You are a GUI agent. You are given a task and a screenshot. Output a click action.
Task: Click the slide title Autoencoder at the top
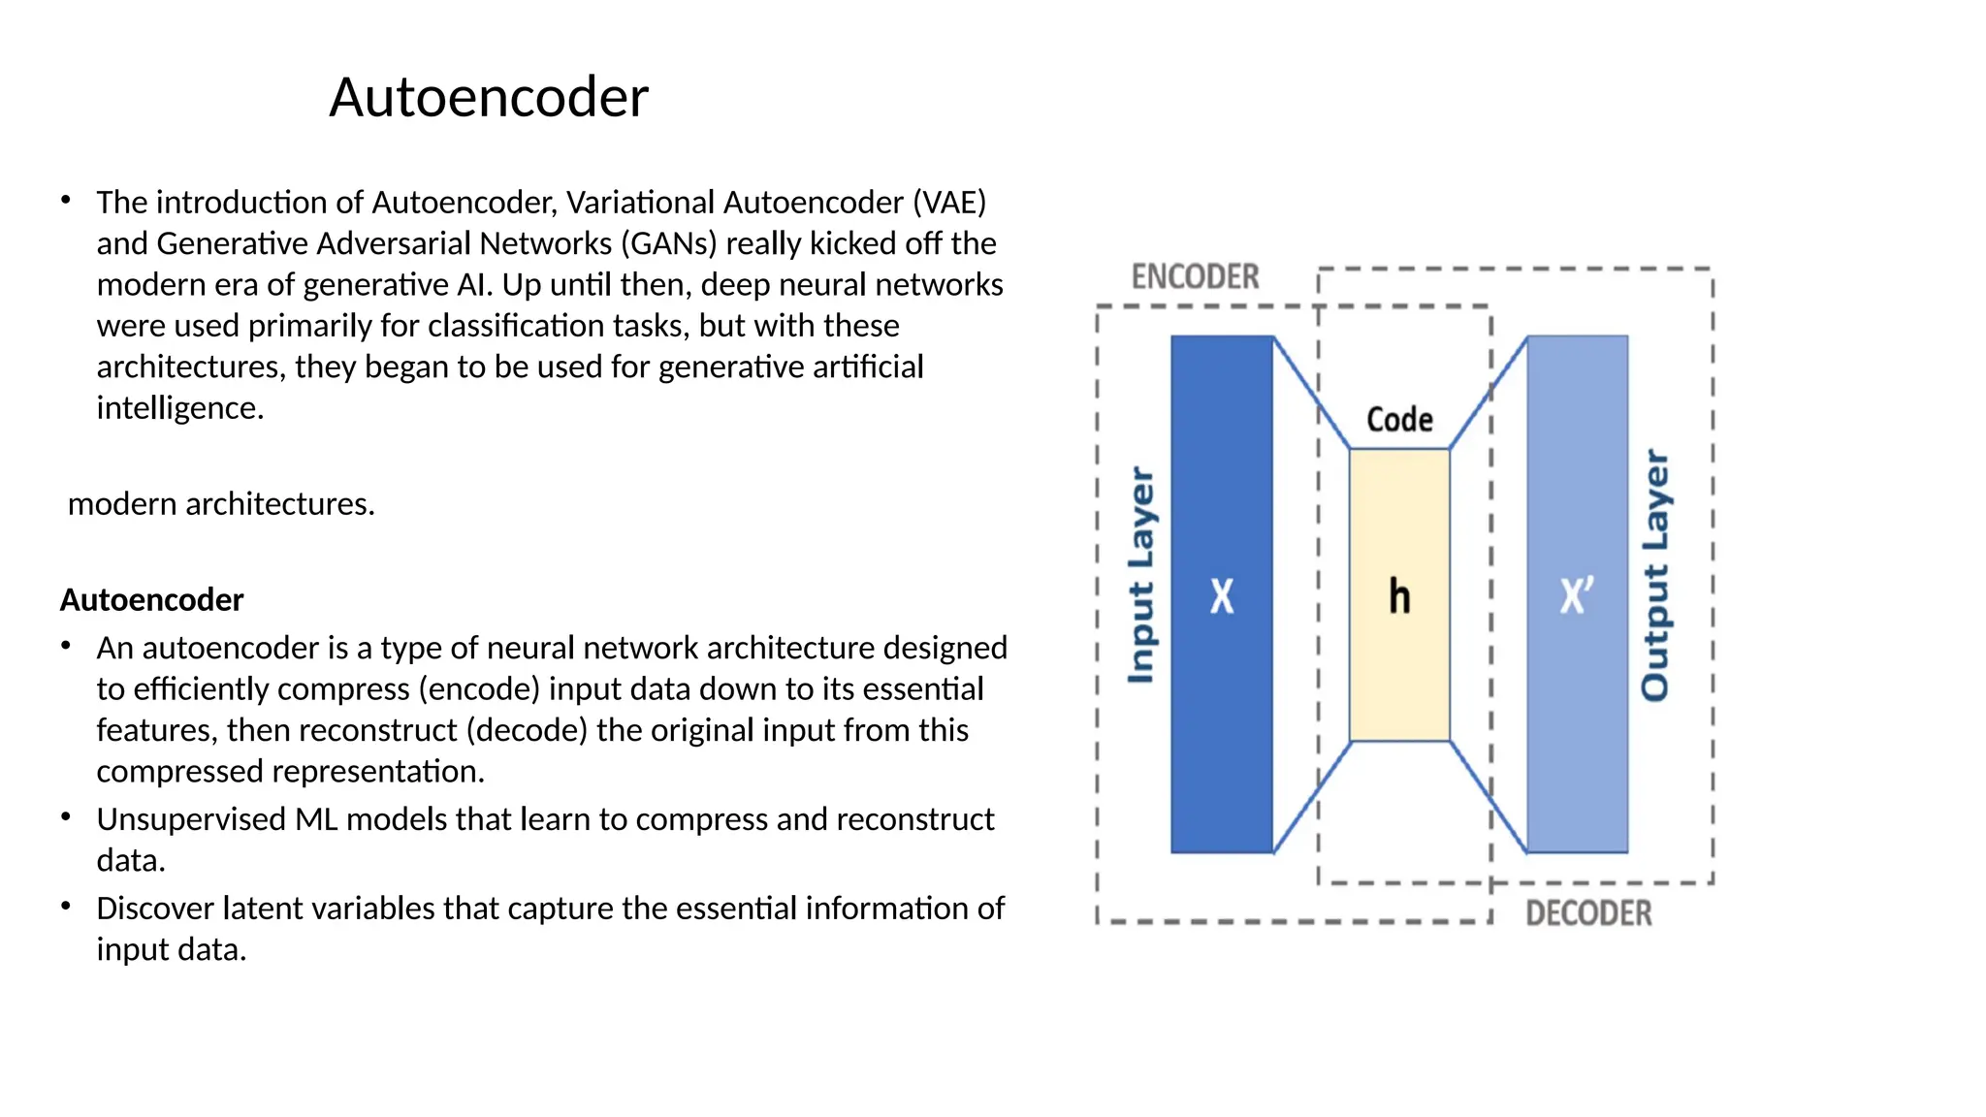[x=489, y=97]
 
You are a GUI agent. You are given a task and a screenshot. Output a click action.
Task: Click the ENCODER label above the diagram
[x=1195, y=277]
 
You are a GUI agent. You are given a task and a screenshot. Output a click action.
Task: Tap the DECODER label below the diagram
[x=1588, y=913]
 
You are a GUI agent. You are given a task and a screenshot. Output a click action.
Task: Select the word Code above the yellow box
[x=1399, y=420]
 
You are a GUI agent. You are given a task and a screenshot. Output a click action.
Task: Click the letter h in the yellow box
[x=1399, y=596]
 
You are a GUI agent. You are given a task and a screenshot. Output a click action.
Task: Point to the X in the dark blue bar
[x=1222, y=596]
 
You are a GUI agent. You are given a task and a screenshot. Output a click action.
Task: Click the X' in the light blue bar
[x=1577, y=595]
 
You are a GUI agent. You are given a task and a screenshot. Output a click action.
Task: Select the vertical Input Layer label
[x=1141, y=576]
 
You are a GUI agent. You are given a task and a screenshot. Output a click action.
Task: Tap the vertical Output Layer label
[x=1654, y=576]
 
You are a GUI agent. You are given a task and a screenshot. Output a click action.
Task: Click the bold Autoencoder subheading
[x=151, y=600]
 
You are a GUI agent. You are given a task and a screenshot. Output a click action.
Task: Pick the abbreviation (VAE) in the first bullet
[x=948, y=203]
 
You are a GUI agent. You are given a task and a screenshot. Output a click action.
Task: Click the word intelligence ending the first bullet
[x=179, y=408]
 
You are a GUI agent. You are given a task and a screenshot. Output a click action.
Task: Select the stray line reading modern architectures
[x=221, y=504]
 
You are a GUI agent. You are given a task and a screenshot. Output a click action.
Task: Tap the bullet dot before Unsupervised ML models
[x=66, y=816]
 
